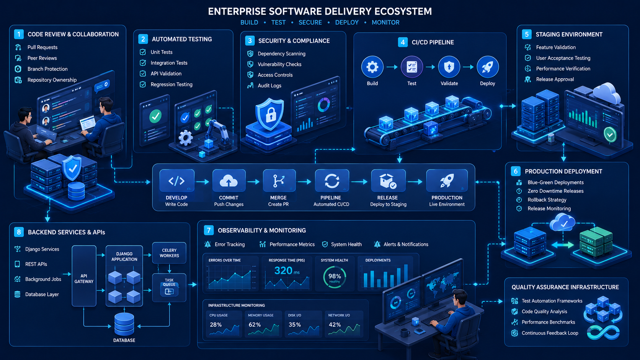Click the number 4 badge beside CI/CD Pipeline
(403, 42)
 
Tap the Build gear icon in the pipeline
(372, 67)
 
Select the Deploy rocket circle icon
(488, 67)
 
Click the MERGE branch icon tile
(279, 181)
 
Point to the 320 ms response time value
(287, 270)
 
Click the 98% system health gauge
(335, 277)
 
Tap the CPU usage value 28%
(216, 324)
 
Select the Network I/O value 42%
(335, 324)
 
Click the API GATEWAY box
(84, 276)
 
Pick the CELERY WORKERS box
(169, 253)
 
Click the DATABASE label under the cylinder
(124, 340)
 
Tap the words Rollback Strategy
(547, 200)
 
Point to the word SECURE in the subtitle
(310, 23)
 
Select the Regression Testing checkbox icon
(142, 85)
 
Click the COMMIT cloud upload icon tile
(229, 181)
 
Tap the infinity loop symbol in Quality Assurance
(603, 332)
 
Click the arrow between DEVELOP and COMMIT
(203, 182)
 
